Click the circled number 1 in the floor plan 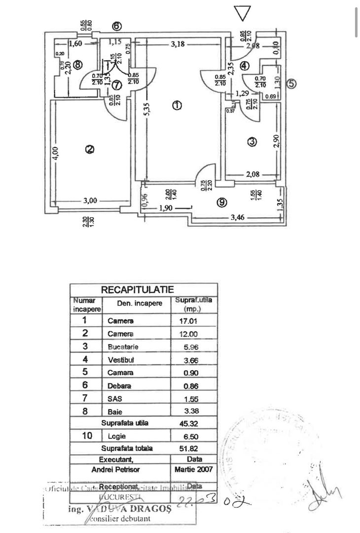click(177, 105)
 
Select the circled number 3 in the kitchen click(252, 142)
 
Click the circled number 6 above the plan click(116, 26)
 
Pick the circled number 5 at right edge click(291, 83)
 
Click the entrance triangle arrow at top click(242, 13)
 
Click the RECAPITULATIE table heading click(137, 290)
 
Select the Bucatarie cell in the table click(121, 346)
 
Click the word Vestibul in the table click(121, 360)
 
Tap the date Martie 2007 click(193, 469)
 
